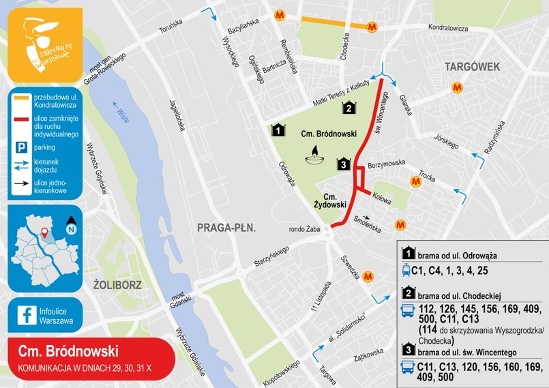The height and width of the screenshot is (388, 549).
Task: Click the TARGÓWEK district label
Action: [x=473, y=66]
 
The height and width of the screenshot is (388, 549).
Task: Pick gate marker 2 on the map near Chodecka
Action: [x=348, y=107]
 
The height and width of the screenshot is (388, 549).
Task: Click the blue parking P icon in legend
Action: [x=21, y=147]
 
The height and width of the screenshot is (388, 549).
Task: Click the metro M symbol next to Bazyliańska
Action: [x=280, y=14]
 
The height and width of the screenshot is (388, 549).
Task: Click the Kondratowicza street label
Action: [x=447, y=29]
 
